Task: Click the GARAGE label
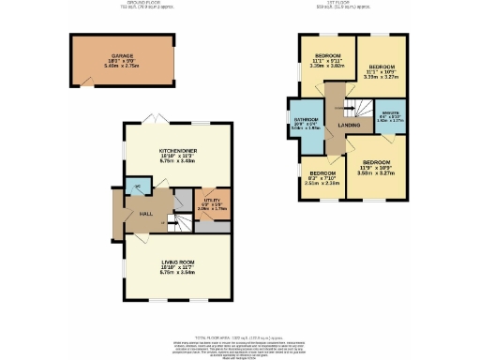pos(122,56)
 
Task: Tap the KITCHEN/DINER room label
pos(176,150)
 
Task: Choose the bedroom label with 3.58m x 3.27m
pos(377,163)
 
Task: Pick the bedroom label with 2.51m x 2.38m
pos(322,173)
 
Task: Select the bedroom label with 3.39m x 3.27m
pos(381,68)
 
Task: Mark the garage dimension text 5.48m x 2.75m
pos(122,67)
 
